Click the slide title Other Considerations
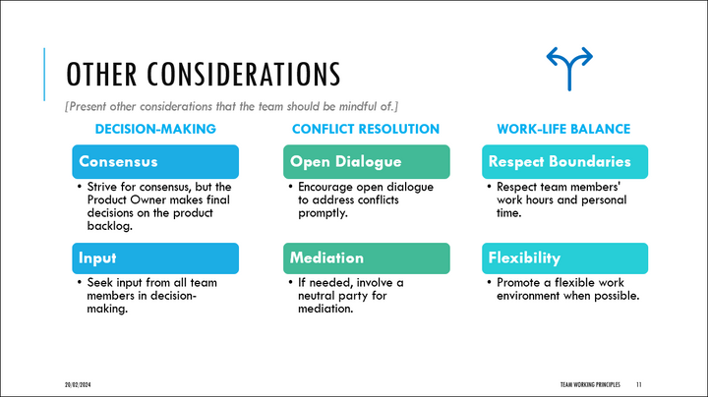tap(203, 75)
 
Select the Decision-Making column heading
tap(155, 129)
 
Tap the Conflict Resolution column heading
tap(366, 129)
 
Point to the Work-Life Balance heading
tap(563, 129)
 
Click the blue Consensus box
tap(155, 161)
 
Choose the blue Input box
tap(155, 258)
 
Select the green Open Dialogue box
tap(366, 161)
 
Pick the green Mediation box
tap(366, 258)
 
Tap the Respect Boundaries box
tap(564, 161)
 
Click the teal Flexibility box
tap(564, 258)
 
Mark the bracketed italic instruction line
tap(231, 105)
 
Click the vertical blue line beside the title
tap(46, 74)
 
